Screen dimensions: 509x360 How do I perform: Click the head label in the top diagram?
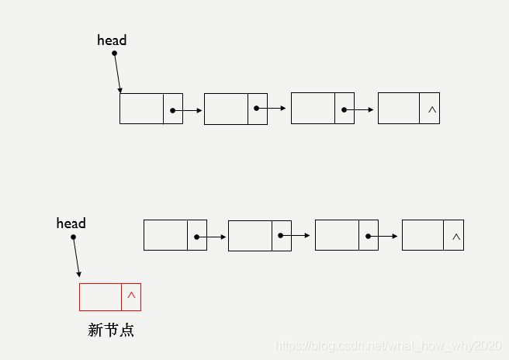point(112,40)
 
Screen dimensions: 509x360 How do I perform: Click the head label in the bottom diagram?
point(71,223)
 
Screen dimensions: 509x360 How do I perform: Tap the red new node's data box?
point(100,297)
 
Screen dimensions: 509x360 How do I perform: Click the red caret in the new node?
point(131,296)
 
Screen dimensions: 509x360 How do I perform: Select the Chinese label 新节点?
point(111,331)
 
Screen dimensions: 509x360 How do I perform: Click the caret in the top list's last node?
point(432,109)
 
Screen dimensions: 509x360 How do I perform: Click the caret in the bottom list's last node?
point(456,236)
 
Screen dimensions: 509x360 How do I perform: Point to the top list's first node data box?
point(141,109)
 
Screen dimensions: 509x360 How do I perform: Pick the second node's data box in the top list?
point(226,109)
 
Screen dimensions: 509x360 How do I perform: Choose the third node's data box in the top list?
point(313,109)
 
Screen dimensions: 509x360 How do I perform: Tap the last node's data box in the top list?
point(398,109)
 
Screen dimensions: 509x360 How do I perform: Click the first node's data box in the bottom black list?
point(165,235)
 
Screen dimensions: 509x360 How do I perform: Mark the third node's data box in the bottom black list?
point(337,235)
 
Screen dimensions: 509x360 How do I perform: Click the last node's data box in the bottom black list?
point(423,235)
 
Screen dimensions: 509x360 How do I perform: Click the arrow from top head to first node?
point(117,73)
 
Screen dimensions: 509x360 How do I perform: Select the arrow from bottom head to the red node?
point(75,257)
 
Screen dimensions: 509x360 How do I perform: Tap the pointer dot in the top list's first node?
point(171,110)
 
